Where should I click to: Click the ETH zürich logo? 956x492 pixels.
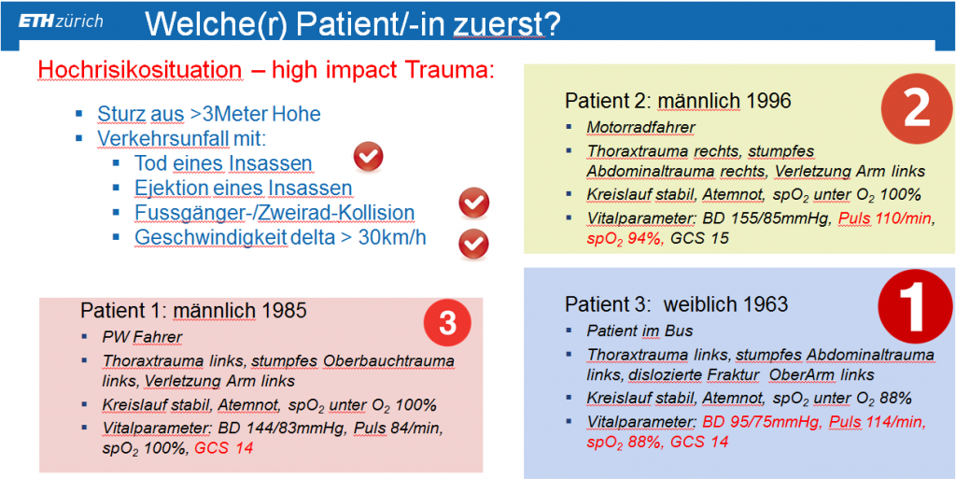(61, 22)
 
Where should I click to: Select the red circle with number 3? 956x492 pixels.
(448, 324)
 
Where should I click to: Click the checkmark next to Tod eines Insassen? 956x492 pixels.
(368, 157)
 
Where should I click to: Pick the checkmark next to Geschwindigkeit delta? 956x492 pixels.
(473, 244)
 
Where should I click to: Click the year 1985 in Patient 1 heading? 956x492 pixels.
(282, 310)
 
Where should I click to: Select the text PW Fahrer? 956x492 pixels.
(143, 337)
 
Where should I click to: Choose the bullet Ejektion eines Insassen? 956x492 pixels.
(244, 188)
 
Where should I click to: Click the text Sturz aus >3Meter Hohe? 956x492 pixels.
(208, 114)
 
